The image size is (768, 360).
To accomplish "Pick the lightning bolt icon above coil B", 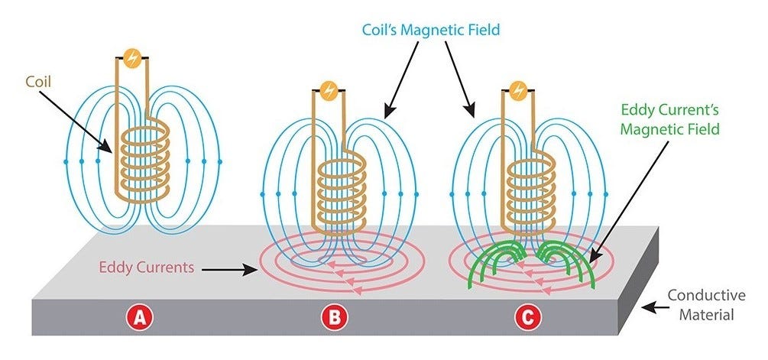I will tap(329, 90).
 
